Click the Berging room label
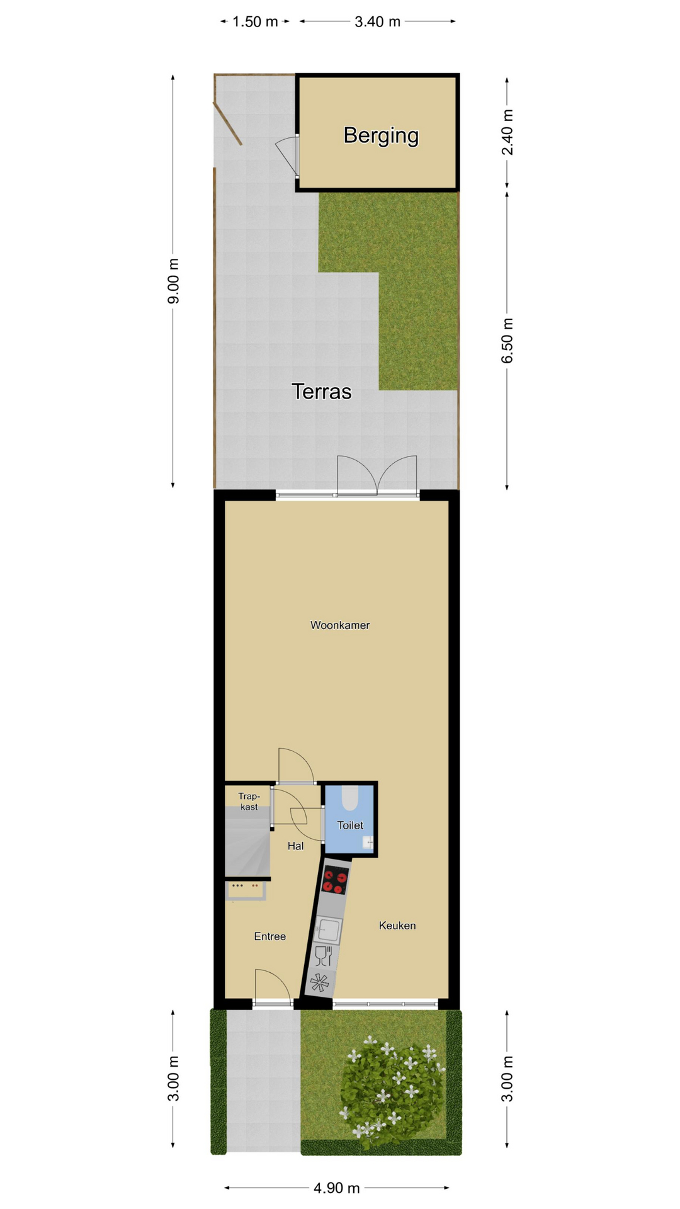click(381, 135)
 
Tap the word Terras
click(322, 392)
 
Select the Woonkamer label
click(340, 625)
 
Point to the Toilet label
click(350, 825)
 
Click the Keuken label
click(397, 925)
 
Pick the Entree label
click(270, 936)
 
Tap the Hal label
click(296, 846)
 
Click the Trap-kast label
click(249, 802)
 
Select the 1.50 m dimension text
click(255, 22)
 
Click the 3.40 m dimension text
click(378, 22)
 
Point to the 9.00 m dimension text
click(173, 281)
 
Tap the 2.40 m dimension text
click(507, 132)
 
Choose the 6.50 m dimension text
click(507, 341)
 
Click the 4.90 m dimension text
click(337, 1188)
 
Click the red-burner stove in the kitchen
click(334, 880)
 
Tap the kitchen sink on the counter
click(329, 929)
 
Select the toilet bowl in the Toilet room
click(349, 798)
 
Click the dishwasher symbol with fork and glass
click(323, 956)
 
